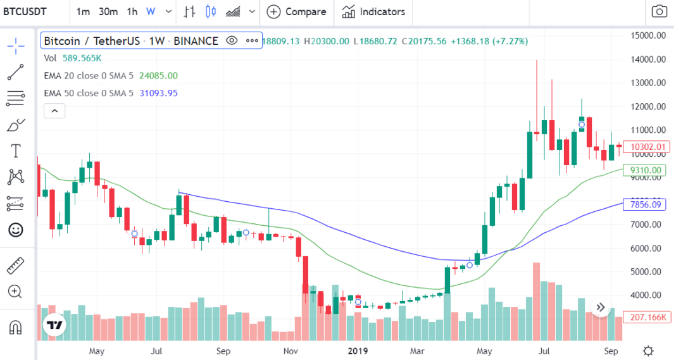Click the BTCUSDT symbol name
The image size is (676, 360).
tap(28, 11)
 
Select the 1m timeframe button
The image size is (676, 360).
tap(82, 11)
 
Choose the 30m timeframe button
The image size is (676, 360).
tap(108, 11)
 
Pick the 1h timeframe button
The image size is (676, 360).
tap(132, 11)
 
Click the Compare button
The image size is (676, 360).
tap(297, 11)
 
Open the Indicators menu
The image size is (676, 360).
tap(374, 11)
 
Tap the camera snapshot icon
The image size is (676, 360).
tap(659, 11)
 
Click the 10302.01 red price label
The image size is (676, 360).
tap(646, 147)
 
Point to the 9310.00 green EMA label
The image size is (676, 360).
tap(646, 170)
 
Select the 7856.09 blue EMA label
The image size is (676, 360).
tap(646, 204)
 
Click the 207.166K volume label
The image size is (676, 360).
tap(646, 317)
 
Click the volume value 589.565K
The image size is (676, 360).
tap(82, 58)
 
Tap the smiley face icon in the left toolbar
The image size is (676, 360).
tap(15, 230)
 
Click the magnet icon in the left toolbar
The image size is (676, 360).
tap(15, 327)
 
